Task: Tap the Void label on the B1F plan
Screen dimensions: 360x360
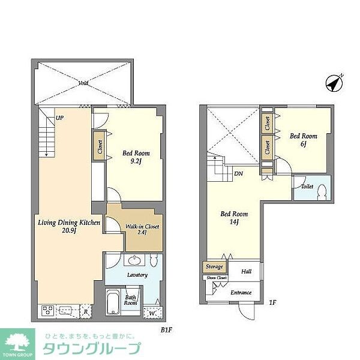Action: pyautogui.click(x=83, y=83)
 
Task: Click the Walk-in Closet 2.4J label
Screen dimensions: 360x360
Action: pyautogui.click(x=142, y=230)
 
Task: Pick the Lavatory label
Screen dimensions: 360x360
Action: pyautogui.click(x=137, y=274)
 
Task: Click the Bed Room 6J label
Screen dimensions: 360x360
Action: pyautogui.click(x=304, y=140)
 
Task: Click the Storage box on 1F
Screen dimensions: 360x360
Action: pyautogui.click(x=214, y=266)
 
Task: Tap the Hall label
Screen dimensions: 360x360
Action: pyautogui.click(x=247, y=271)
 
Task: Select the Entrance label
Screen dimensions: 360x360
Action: pyautogui.click(x=240, y=292)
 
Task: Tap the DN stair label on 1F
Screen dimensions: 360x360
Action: pyautogui.click(x=238, y=174)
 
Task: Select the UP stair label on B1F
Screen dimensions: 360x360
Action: pyautogui.click(x=59, y=118)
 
